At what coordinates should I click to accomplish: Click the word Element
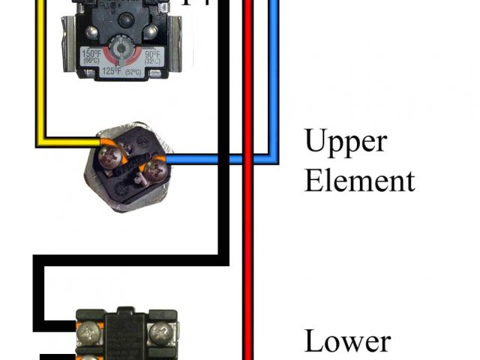coord(359,181)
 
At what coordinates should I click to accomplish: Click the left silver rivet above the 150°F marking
coord(91,31)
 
